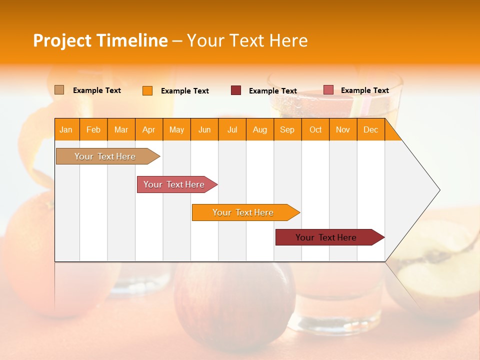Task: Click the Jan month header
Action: (x=66, y=129)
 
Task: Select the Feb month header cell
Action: (x=93, y=129)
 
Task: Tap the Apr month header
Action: (x=149, y=129)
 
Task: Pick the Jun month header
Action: (x=204, y=129)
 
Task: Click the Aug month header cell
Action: (x=260, y=129)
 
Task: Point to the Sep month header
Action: (x=287, y=129)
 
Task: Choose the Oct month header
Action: (x=315, y=129)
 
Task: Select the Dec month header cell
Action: (x=371, y=129)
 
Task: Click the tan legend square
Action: (x=59, y=90)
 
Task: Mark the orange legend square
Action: (x=147, y=90)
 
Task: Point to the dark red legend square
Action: (x=235, y=90)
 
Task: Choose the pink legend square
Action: (x=328, y=90)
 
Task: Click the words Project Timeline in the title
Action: (x=100, y=40)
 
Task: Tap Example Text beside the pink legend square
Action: (x=364, y=90)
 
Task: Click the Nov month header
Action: (x=343, y=129)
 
